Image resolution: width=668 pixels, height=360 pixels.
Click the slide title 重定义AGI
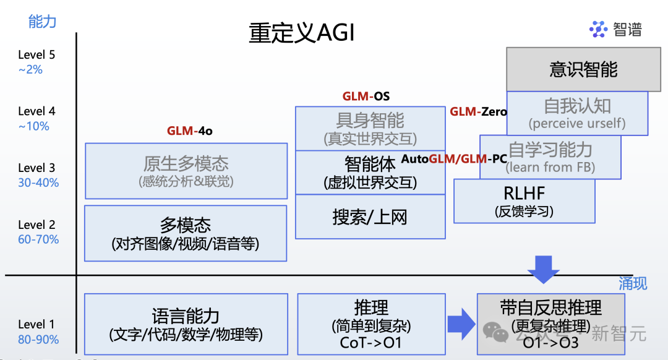302,32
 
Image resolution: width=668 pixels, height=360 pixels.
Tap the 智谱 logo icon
598,29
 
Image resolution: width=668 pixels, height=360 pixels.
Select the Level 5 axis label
36,54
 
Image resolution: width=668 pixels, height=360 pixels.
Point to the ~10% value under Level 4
33,126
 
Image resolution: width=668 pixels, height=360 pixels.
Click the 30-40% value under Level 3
38,182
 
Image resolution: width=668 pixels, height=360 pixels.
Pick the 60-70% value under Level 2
38,239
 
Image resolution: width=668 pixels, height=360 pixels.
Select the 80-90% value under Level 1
38,339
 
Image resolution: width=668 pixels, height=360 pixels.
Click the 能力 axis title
43,22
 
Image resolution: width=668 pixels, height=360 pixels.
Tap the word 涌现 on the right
633,283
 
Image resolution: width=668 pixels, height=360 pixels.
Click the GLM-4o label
189,131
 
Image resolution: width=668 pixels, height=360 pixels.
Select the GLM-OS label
366,96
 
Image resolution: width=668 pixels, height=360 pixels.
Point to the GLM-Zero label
478,112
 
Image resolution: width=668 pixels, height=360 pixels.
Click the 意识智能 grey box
583,69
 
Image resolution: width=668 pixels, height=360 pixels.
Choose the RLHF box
524,200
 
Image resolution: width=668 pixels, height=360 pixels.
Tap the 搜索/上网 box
370,217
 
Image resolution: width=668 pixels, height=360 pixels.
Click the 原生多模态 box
186,171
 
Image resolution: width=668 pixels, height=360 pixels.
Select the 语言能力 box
186,324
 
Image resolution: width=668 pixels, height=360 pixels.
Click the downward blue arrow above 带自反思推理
543,269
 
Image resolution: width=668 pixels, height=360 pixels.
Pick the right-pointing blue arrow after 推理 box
461,324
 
